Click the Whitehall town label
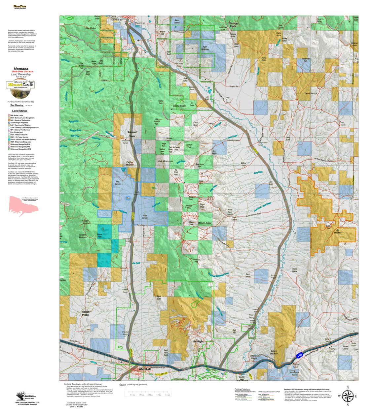point(145,369)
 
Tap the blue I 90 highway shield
point(299,355)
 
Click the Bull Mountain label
point(165,161)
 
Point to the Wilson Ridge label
point(205,223)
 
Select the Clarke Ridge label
point(180,106)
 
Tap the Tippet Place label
point(85,313)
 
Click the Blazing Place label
point(233,25)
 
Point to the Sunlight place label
point(198,341)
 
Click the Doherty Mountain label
point(274,352)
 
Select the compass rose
point(347,396)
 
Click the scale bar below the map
point(147,392)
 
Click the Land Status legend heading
point(20,111)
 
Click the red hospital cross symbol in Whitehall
point(136,370)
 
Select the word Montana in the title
point(21,69)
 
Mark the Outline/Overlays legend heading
point(242,390)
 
